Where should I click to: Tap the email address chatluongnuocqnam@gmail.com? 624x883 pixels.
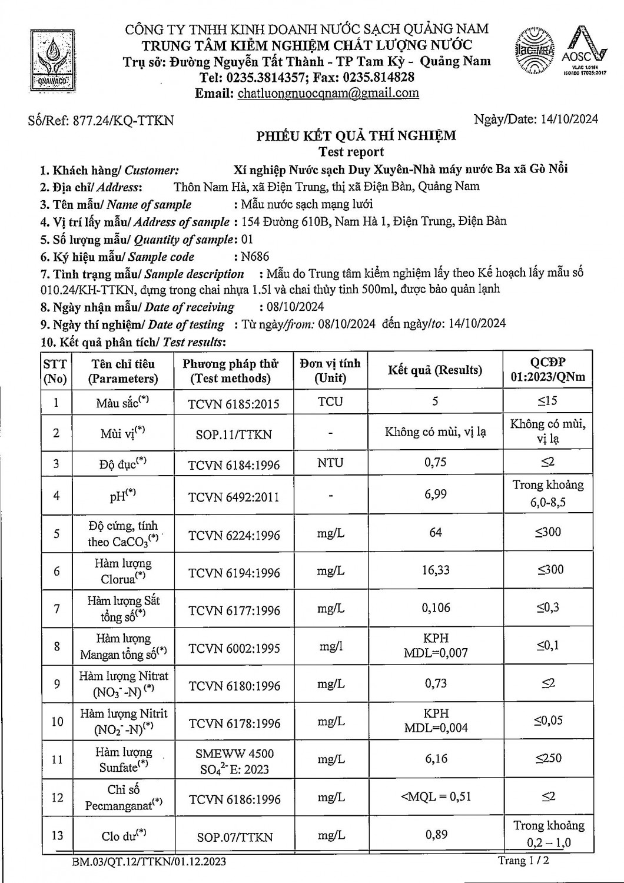[328, 93]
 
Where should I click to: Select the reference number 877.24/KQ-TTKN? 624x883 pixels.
[122, 120]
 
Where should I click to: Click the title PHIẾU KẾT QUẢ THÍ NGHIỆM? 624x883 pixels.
[356, 136]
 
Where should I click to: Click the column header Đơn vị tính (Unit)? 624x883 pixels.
[330, 370]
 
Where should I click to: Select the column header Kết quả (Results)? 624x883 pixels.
[434, 370]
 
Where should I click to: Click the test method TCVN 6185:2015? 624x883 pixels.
[234, 404]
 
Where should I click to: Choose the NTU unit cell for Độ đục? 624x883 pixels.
[330, 463]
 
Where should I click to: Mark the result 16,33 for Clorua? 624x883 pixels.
[435, 570]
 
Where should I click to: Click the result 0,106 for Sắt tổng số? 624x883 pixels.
[435, 608]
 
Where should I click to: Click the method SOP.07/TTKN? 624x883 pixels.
[234, 836]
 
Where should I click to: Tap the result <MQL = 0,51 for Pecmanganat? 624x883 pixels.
[435, 796]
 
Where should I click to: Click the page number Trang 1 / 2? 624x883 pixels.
[523, 861]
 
